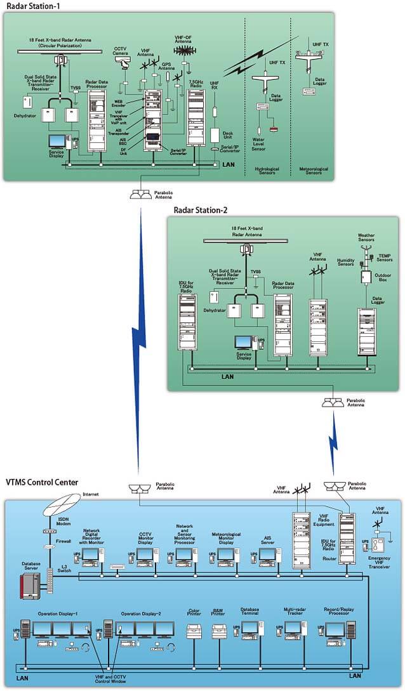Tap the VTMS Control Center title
(x=42, y=482)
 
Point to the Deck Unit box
(x=215, y=135)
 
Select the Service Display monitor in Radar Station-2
(x=244, y=342)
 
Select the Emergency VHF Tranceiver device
(x=379, y=547)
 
